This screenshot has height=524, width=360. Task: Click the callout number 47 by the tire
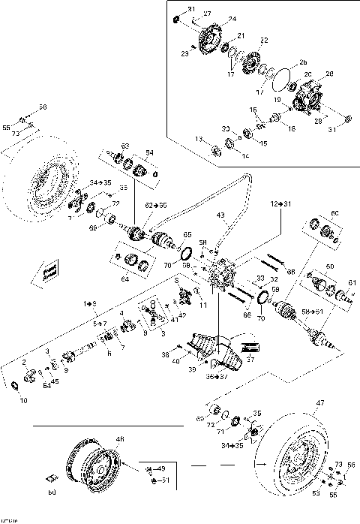321,404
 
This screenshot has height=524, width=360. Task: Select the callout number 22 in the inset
263,40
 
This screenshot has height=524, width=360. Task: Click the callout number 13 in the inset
199,139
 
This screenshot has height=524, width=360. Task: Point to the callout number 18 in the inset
292,128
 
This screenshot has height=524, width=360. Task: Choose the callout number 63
125,146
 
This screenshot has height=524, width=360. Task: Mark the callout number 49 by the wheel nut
160,469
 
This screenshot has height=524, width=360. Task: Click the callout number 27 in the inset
208,14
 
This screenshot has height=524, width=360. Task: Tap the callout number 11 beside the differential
202,305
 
